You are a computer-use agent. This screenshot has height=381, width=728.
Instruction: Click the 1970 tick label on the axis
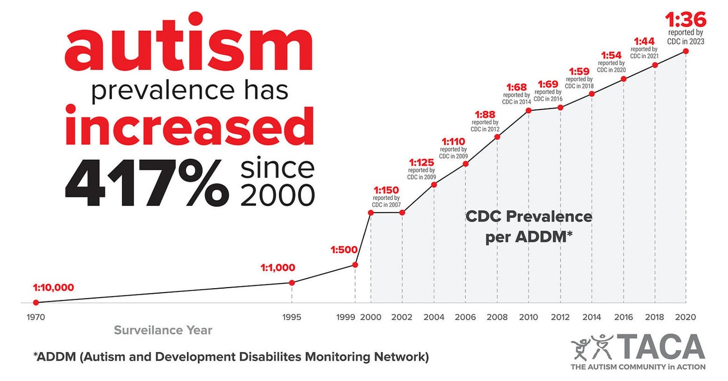coord(36,317)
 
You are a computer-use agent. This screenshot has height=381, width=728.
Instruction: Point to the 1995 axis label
coord(292,317)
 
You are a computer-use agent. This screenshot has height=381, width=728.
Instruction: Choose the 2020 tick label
coord(685,317)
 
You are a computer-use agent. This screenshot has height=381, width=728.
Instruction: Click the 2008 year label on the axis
coord(497,317)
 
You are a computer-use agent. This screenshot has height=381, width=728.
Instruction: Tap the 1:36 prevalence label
coord(685,21)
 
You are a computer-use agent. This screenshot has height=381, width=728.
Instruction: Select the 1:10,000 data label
coord(53,288)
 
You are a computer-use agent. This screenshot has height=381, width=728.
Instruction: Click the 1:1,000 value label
coord(277,267)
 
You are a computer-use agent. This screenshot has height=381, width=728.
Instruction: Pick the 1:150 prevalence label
coord(386,190)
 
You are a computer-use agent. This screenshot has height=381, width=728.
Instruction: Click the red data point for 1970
coord(36,303)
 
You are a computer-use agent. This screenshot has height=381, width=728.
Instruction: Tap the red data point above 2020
coord(686,51)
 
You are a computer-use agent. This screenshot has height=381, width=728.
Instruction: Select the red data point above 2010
coord(528,111)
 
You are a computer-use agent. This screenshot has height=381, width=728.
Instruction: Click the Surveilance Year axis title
coord(163,330)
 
